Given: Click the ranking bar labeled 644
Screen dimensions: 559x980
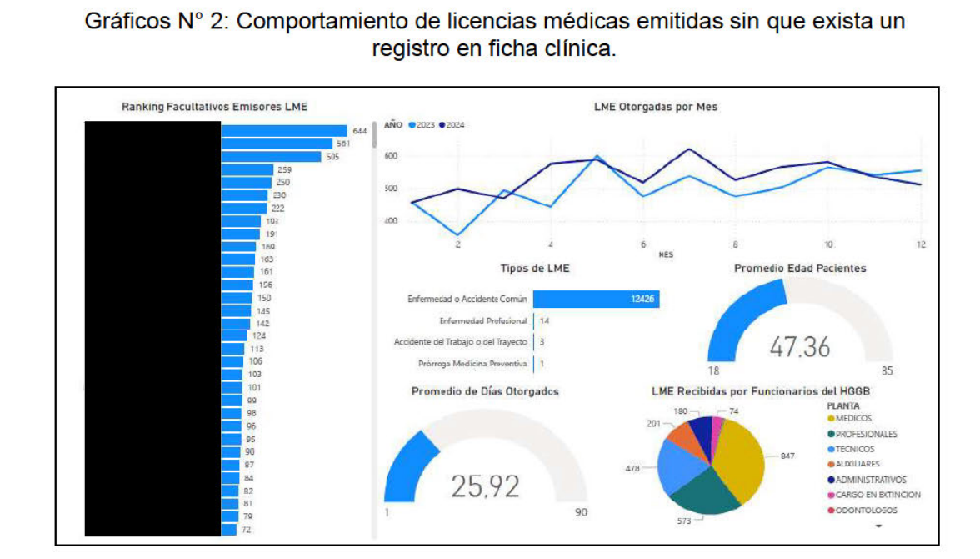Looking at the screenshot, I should coord(283,131).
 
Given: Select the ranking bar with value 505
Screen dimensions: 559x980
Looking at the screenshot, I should coord(271,157).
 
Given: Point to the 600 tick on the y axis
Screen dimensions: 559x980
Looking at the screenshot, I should coord(392,156).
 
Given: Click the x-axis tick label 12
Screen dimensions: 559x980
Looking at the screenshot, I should coord(921,245).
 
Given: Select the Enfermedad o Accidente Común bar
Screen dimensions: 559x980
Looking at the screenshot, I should coord(596,299).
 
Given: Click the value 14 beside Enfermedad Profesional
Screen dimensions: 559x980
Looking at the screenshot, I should coord(544,320).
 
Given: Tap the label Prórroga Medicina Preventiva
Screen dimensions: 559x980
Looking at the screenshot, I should coord(472,364).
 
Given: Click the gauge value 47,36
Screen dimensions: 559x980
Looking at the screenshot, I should coord(799,347).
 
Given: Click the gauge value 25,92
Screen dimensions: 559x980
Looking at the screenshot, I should coord(485,486).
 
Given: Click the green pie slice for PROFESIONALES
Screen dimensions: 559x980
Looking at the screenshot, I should coord(704,492).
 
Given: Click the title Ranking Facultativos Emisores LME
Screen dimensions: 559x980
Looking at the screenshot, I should coord(214,107).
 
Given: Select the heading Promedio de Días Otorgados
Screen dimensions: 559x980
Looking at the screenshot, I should coord(485,391).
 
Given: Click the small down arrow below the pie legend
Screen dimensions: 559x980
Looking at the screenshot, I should coord(878,526).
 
